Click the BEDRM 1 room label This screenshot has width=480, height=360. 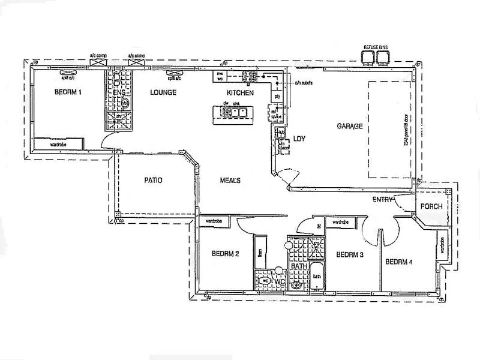click(x=67, y=92)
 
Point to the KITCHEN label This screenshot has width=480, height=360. click(x=240, y=93)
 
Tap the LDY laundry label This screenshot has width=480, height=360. click(x=299, y=139)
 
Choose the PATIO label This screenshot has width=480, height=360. click(x=153, y=180)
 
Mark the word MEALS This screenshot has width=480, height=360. click(x=230, y=180)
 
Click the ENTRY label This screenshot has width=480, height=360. click(x=382, y=199)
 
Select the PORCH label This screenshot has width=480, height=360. click(x=431, y=206)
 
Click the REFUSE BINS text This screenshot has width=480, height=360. click(x=376, y=47)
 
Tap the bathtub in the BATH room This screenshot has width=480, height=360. click(x=316, y=277)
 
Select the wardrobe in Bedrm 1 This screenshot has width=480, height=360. click(x=58, y=145)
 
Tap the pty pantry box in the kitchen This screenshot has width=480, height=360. click(x=277, y=96)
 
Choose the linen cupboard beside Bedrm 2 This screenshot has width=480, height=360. click(x=260, y=252)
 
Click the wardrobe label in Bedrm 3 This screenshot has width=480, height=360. click(x=340, y=222)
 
